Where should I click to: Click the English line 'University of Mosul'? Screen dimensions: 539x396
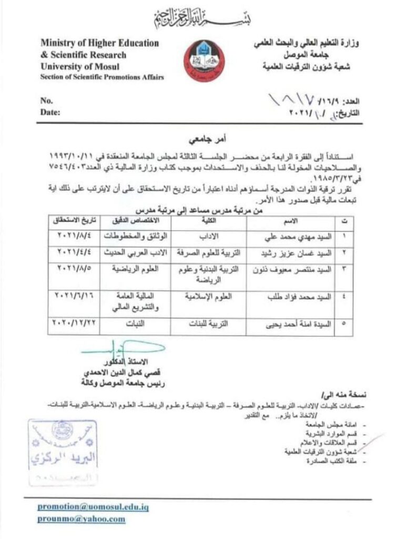(79, 67)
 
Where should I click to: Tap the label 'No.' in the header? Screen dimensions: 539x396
(47, 100)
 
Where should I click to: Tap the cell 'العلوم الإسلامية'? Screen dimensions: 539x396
(211, 296)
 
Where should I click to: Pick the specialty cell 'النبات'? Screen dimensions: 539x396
(134, 325)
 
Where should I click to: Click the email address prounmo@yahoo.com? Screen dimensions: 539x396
(82, 519)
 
